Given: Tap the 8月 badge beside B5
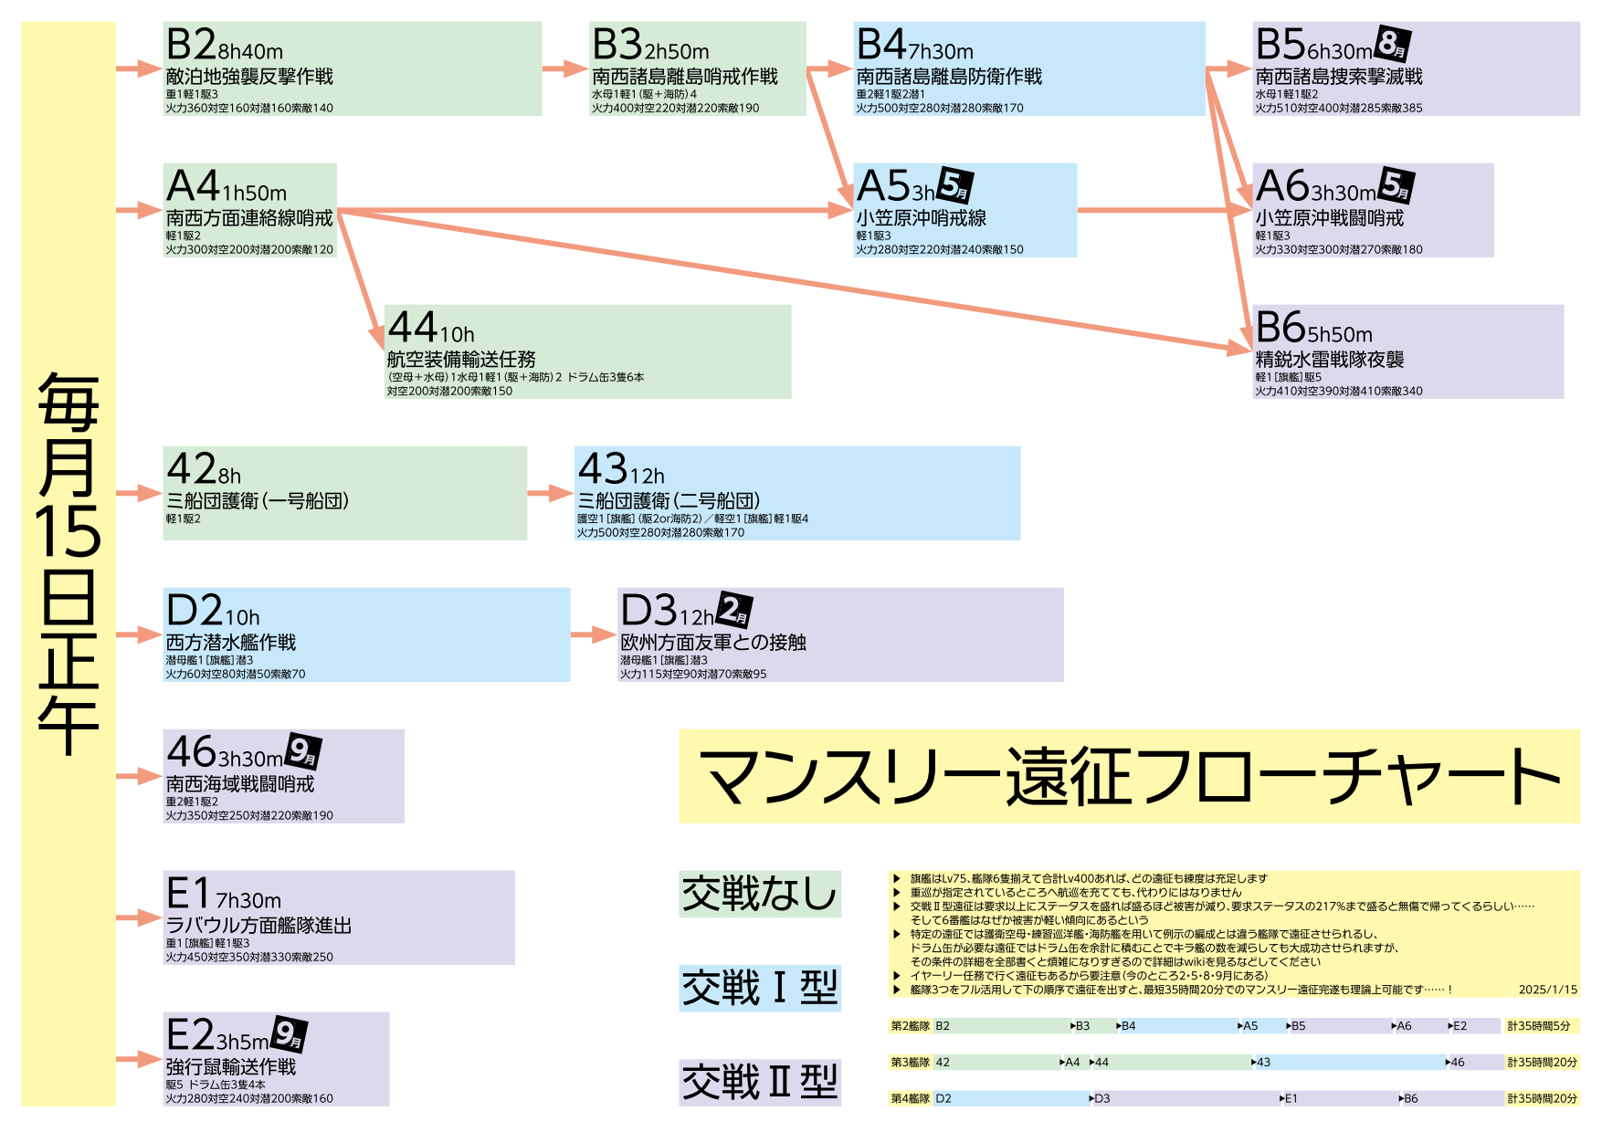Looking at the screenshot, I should [1393, 44].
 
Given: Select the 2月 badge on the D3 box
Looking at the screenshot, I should [734, 610].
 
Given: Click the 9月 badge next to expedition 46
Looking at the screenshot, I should [302, 751].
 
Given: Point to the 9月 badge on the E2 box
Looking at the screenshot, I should [289, 1034].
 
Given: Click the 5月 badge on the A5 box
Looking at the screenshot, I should [954, 185].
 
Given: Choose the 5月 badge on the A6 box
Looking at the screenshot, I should [1396, 185].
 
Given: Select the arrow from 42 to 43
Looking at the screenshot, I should [551, 493].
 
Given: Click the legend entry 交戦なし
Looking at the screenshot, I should [760, 894].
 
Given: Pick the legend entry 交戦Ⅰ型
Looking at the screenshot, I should [760, 988].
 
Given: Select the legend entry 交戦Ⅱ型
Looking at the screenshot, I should [760, 1083].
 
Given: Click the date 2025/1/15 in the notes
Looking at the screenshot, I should [1547, 990].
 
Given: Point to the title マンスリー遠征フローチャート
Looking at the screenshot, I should [1129, 776].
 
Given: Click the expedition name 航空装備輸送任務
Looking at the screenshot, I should [461, 360].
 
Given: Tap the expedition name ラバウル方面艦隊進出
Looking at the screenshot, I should [258, 926].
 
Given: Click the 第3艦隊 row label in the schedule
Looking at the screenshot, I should [910, 1063].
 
